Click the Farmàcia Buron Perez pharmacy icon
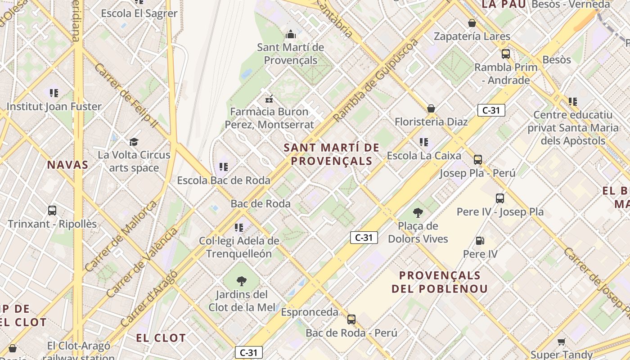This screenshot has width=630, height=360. (269, 99)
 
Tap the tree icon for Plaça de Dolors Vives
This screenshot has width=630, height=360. (418, 212)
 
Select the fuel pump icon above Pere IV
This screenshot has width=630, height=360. (480, 241)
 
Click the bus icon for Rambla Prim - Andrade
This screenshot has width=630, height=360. (506, 54)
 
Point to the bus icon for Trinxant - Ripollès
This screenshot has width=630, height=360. (52, 210)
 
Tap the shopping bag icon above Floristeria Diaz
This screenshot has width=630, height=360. (431, 108)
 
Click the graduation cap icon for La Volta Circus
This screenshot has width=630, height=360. (134, 142)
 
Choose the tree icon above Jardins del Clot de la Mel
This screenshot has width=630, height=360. (242, 281)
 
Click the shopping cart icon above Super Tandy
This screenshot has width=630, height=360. (561, 342)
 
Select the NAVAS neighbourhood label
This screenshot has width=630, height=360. (68, 165)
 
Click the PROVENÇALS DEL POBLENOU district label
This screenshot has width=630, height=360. (440, 282)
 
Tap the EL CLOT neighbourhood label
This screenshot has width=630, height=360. (161, 338)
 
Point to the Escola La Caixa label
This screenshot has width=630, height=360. (424, 156)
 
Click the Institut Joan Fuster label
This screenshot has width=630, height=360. (54, 107)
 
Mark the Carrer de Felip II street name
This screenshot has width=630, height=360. (126, 95)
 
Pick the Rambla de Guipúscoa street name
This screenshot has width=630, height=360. (376, 81)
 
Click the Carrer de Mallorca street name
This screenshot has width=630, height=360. (121, 235)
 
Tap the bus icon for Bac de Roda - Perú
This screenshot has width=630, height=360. (351, 319)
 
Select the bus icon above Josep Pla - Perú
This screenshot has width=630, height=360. (478, 160)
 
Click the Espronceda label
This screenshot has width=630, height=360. (310, 312)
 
